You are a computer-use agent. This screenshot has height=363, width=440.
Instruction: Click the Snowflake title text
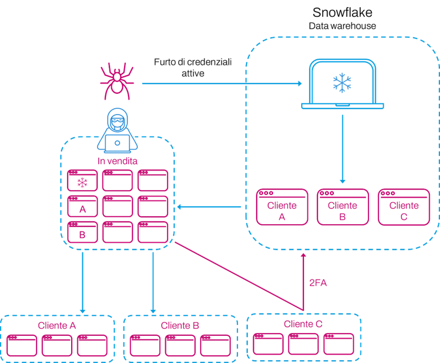pyautogui.click(x=342, y=12)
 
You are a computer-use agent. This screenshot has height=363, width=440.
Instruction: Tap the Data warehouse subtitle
pyautogui.click(x=342, y=26)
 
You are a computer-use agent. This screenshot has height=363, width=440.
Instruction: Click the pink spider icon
pyautogui.click(x=117, y=81)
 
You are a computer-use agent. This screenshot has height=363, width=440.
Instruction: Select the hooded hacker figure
pyautogui.click(x=117, y=130)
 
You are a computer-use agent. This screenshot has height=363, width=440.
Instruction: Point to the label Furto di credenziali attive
pyautogui.click(x=193, y=68)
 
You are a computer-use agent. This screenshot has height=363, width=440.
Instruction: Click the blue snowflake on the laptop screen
pyautogui.click(x=342, y=83)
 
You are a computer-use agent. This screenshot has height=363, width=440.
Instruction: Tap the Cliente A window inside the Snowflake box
pyautogui.click(x=282, y=207)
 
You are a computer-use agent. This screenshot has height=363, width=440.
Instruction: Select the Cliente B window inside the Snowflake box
pyautogui.click(x=342, y=207)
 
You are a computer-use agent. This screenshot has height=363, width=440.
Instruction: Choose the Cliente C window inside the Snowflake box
pyautogui.click(x=404, y=207)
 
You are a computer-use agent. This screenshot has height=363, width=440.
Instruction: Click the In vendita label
pyautogui.click(x=117, y=161)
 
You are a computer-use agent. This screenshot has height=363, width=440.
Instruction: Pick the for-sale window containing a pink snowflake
pyautogui.click(x=82, y=180)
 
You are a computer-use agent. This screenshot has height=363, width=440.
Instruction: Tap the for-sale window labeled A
pyautogui.click(x=82, y=206)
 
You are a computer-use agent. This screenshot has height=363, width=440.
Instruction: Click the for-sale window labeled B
pyautogui.click(x=82, y=232)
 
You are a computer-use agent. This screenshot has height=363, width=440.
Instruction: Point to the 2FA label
pyautogui.click(x=318, y=283)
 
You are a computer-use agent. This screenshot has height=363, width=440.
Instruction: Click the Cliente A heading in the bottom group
pyautogui.click(x=57, y=325)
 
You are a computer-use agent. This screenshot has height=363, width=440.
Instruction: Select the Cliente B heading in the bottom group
pyautogui.click(x=180, y=325)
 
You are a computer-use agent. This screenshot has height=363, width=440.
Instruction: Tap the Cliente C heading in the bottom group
pyautogui.click(x=303, y=324)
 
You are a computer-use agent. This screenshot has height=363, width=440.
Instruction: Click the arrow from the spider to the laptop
pyautogui.click(x=222, y=84)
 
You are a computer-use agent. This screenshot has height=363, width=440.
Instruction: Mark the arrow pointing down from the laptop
pyautogui.click(x=342, y=149)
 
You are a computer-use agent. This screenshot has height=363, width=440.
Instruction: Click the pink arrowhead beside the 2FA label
pyautogui.click(x=303, y=255)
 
